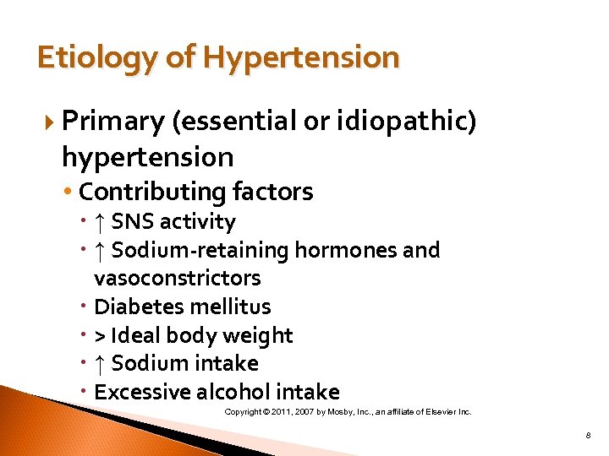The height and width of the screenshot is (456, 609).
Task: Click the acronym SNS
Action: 134,222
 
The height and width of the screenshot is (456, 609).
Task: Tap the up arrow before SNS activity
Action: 100,222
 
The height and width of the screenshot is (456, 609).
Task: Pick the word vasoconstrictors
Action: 177,278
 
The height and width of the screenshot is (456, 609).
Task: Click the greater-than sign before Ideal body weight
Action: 100,336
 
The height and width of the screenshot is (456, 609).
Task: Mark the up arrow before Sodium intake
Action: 100,364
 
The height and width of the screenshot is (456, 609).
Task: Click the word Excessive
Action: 142,393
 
